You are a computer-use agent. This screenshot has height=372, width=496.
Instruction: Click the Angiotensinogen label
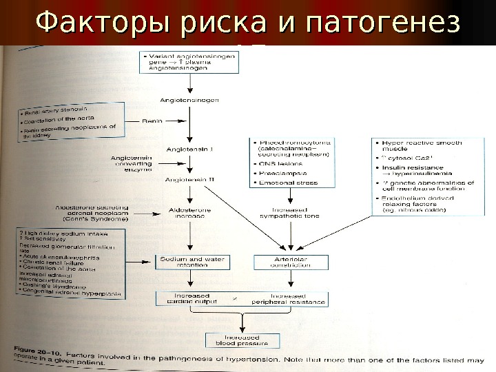[189, 100]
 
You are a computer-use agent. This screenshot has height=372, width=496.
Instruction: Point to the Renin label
[151, 121]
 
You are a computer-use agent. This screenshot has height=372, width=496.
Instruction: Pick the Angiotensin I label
[190, 147]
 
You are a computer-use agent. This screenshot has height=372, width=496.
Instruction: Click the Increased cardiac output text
[187, 299]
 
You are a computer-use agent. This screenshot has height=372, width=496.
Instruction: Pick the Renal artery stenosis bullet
[55, 110]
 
